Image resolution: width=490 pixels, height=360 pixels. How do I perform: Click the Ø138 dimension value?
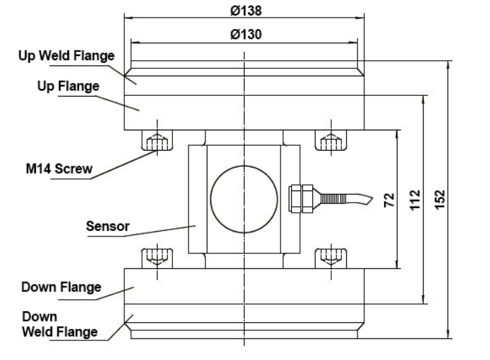[x=244, y=9]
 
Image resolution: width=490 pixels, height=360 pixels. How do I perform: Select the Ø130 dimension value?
[x=244, y=34]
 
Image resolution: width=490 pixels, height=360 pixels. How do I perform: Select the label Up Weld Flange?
[x=66, y=56]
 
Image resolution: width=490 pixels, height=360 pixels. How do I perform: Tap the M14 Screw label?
[x=53, y=169]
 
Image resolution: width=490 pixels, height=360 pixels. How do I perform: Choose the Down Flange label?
[x=61, y=288]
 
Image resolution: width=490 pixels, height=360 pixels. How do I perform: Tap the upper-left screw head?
[x=157, y=141]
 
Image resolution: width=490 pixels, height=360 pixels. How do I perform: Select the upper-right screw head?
[x=331, y=141]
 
